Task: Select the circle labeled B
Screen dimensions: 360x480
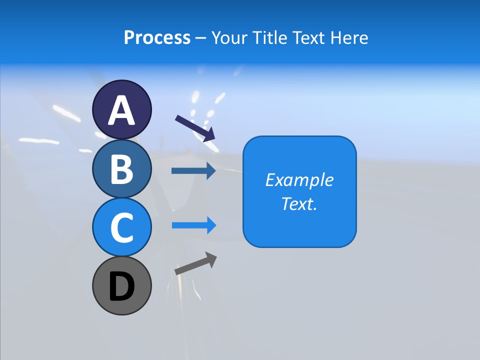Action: pyautogui.click(x=122, y=169)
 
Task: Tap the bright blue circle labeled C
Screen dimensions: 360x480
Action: pyautogui.click(x=122, y=227)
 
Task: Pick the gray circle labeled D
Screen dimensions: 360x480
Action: pyautogui.click(x=122, y=286)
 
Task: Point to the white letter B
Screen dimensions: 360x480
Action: pyautogui.click(x=122, y=169)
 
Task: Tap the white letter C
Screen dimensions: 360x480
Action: pyautogui.click(x=122, y=227)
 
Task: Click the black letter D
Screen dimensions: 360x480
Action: pyautogui.click(x=122, y=287)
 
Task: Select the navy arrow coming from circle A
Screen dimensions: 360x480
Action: pyautogui.click(x=195, y=128)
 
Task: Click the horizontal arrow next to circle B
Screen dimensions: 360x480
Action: pyautogui.click(x=193, y=171)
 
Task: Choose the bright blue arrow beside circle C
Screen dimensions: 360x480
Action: pyautogui.click(x=193, y=225)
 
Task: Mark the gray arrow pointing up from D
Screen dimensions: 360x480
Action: pyautogui.click(x=195, y=263)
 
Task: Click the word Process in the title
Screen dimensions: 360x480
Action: pyautogui.click(x=157, y=38)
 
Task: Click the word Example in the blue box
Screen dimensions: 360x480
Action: pyautogui.click(x=299, y=180)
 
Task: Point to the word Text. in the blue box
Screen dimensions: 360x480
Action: pyautogui.click(x=299, y=203)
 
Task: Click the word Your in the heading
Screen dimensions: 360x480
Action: pyautogui.click(x=229, y=38)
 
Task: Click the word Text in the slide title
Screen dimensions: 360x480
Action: pyautogui.click(x=308, y=38)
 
